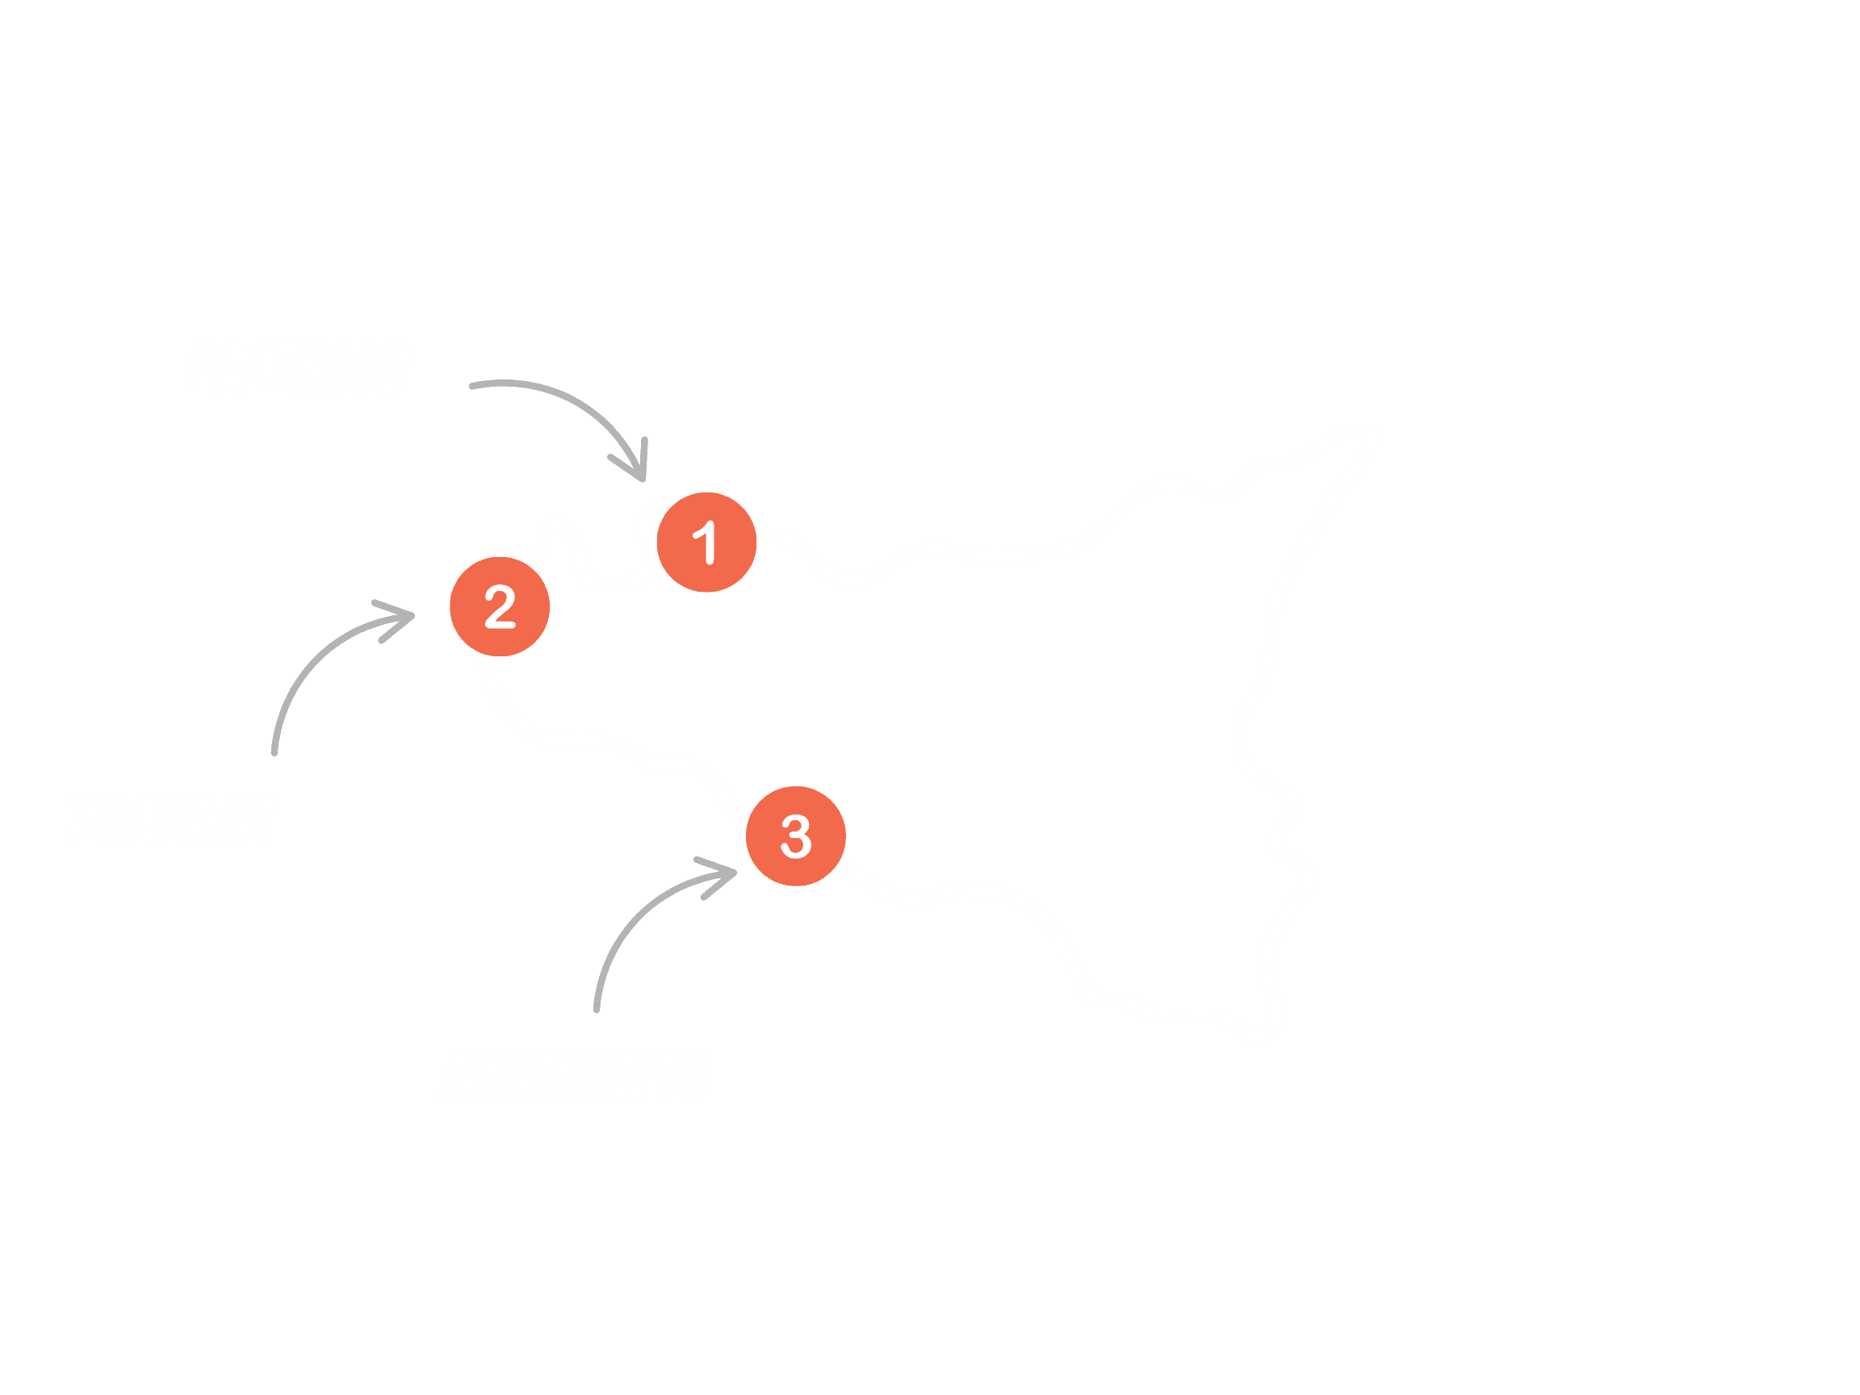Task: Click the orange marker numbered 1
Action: tap(706, 542)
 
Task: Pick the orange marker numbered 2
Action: tap(500, 606)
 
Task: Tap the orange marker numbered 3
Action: tap(795, 836)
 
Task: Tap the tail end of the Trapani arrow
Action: tap(274, 751)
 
